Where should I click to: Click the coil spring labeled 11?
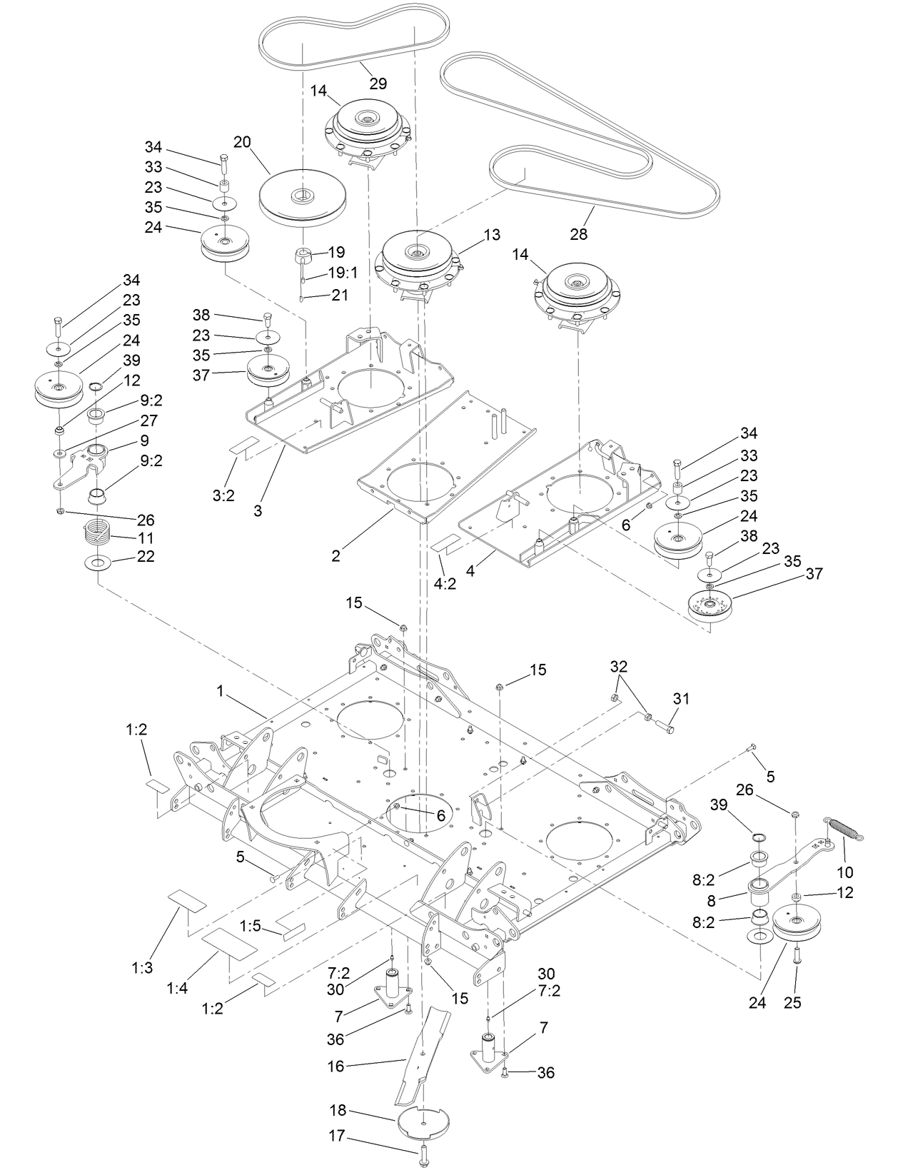click(x=96, y=532)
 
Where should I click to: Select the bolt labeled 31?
click(x=663, y=727)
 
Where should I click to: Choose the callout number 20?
click(x=242, y=141)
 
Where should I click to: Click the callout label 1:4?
click(x=178, y=988)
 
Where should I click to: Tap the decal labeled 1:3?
click(x=188, y=902)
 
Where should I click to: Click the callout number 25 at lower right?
click(x=792, y=1002)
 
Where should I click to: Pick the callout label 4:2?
click(x=445, y=583)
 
